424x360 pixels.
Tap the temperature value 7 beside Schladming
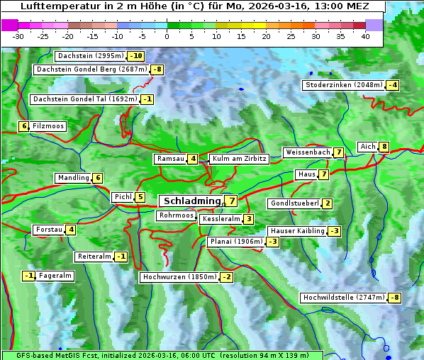(x=232, y=201)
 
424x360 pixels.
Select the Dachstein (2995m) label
(x=90, y=56)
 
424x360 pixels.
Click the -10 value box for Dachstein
(x=135, y=56)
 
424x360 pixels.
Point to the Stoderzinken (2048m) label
(x=343, y=85)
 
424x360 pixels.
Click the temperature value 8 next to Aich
(x=384, y=147)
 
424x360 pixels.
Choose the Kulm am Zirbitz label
(x=239, y=159)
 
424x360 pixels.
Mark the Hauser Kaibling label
(x=296, y=231)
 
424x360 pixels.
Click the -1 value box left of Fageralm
(x=28, y=276)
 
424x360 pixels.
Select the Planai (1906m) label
(x=236, y=242)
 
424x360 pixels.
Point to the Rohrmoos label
(x=176, y=215)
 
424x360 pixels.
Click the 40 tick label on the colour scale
(x=365, y=36)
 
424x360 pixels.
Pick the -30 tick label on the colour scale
(x=18, y=36)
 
